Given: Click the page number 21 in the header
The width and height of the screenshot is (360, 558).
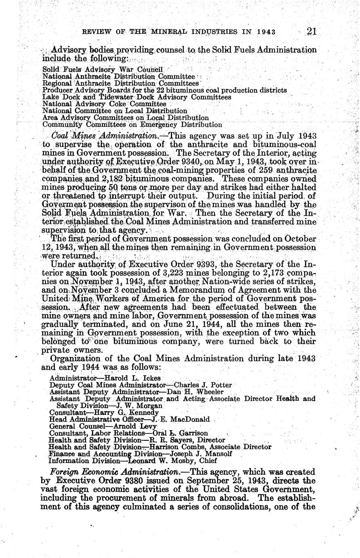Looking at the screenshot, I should tap(314, 32).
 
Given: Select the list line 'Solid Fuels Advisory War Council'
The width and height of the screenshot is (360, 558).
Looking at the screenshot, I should tap(91, 70).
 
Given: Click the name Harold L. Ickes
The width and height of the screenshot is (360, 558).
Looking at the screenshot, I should tap(133, 378).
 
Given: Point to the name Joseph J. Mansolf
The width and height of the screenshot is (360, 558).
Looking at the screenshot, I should tap(197, 454).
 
